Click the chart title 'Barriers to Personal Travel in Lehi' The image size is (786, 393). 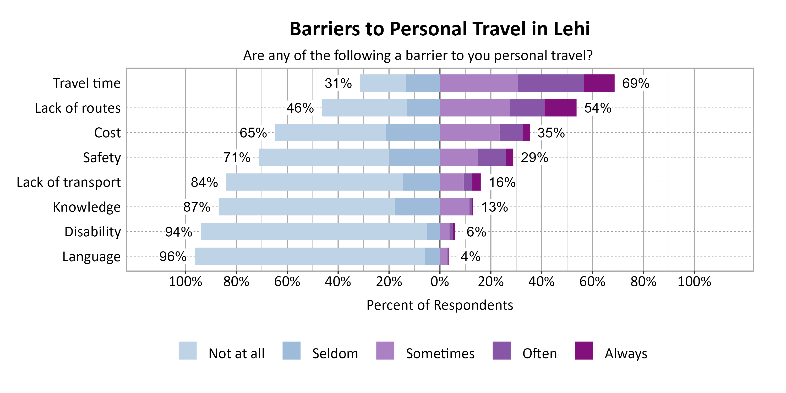[439, 29]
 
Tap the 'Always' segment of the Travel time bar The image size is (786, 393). [599, 83]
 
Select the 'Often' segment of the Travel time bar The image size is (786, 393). [551, 83]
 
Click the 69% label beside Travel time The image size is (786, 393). [636, 83]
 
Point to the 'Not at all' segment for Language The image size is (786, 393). [310, 256]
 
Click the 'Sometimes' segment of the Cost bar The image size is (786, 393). [470, 132]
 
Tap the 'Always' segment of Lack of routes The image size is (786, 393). [560, 108]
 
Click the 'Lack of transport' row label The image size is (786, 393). [69, 182]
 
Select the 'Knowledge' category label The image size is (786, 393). [87, 207]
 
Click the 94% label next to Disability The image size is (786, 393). [178, 232]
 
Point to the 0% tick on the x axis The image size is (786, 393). [440, 281]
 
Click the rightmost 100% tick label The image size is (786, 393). [694, 281]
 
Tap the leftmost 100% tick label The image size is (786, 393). [185, 281]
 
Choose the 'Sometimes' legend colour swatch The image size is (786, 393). [385, 351]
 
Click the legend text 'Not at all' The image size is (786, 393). [237, 353]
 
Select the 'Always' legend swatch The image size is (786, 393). [584, 351]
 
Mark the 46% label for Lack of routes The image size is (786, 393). [300, 108]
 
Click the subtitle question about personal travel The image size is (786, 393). [418, 56]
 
